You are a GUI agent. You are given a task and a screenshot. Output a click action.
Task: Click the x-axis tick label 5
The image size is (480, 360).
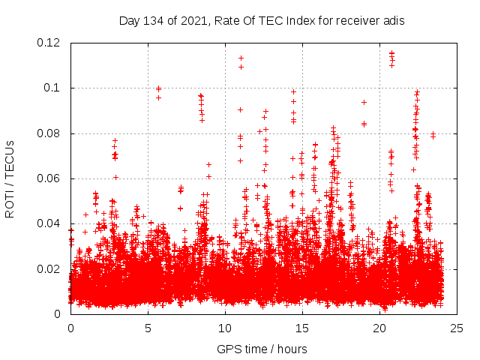pyautogui.click(x=148, y=328)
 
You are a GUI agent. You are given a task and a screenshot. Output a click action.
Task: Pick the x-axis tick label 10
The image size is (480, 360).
pyautogui.click(x=225, y=328)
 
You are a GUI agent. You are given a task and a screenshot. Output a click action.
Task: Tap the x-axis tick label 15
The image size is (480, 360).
pyautogui.click(x=302, y=328)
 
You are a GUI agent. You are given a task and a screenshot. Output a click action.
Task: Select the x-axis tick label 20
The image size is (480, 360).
pyautogui.click(x=379, y=328)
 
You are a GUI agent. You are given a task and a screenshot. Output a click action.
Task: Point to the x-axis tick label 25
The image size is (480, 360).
pyautogui.click(x=457, y=328)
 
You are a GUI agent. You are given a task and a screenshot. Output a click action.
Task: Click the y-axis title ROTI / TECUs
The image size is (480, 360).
pyautogui.click(x=10, y=178)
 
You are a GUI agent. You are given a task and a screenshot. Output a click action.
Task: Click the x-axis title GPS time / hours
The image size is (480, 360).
pyautogui.click(x=262, y=349)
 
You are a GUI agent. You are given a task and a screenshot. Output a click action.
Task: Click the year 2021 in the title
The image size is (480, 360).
pyautogui.click(x=193, y=21)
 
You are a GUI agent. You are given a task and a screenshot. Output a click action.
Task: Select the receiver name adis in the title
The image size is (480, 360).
pyautogui.click(x=394, y=21)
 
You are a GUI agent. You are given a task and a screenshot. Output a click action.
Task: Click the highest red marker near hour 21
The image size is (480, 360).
pyautogui.click(x=391, y=53)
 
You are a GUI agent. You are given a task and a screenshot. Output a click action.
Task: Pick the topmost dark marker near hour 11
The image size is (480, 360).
pyautogui.click(x=241, y=58)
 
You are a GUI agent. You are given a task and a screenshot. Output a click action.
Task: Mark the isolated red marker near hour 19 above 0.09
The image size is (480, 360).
pyautogui.click(x=364, y=102)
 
